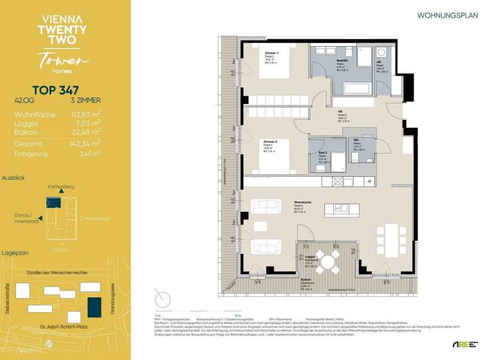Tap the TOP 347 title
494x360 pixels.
[57, 90]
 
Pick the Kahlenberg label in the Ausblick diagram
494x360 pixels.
[61, 187]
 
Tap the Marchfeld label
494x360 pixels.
[95, 219]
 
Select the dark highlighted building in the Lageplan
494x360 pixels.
[95, 306]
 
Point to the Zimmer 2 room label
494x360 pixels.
[270, 141]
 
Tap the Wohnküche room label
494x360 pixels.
[303, 202]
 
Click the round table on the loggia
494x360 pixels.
[328, 260]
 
